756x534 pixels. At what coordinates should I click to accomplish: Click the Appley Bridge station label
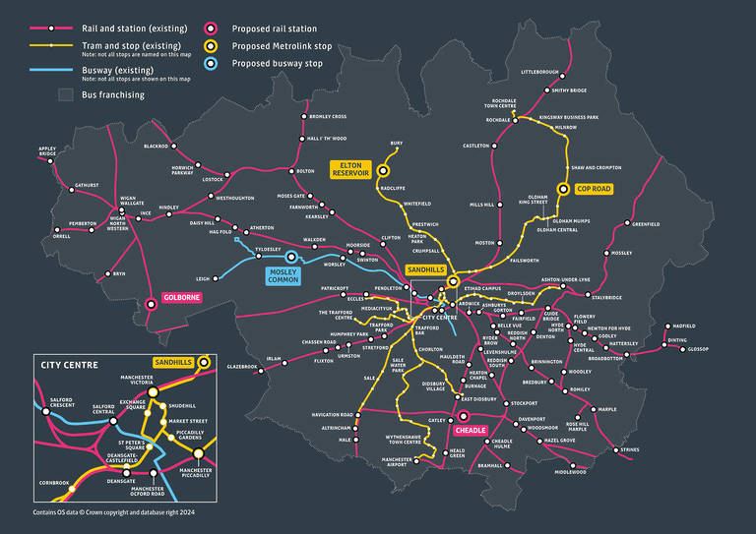[x=47, y=152]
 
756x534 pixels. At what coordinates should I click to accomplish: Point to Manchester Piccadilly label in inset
[x=196, y=474]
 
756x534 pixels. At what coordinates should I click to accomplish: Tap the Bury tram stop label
[x=397, y=144]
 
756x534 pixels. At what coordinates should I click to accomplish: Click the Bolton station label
[x=305, y=171]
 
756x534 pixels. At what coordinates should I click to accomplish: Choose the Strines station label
[x=630, y=450]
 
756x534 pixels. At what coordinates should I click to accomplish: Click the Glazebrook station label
[x=242, y=367]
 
